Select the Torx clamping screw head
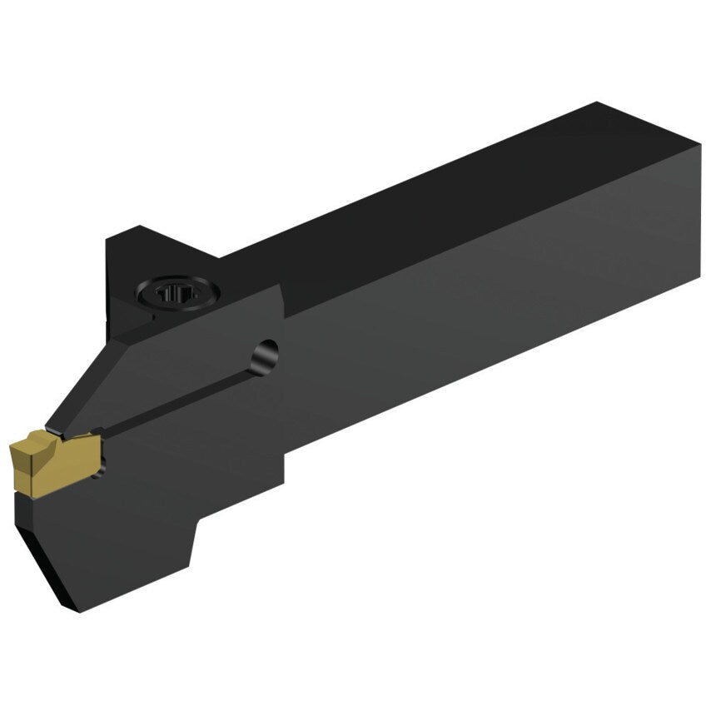(x=177, y=293)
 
